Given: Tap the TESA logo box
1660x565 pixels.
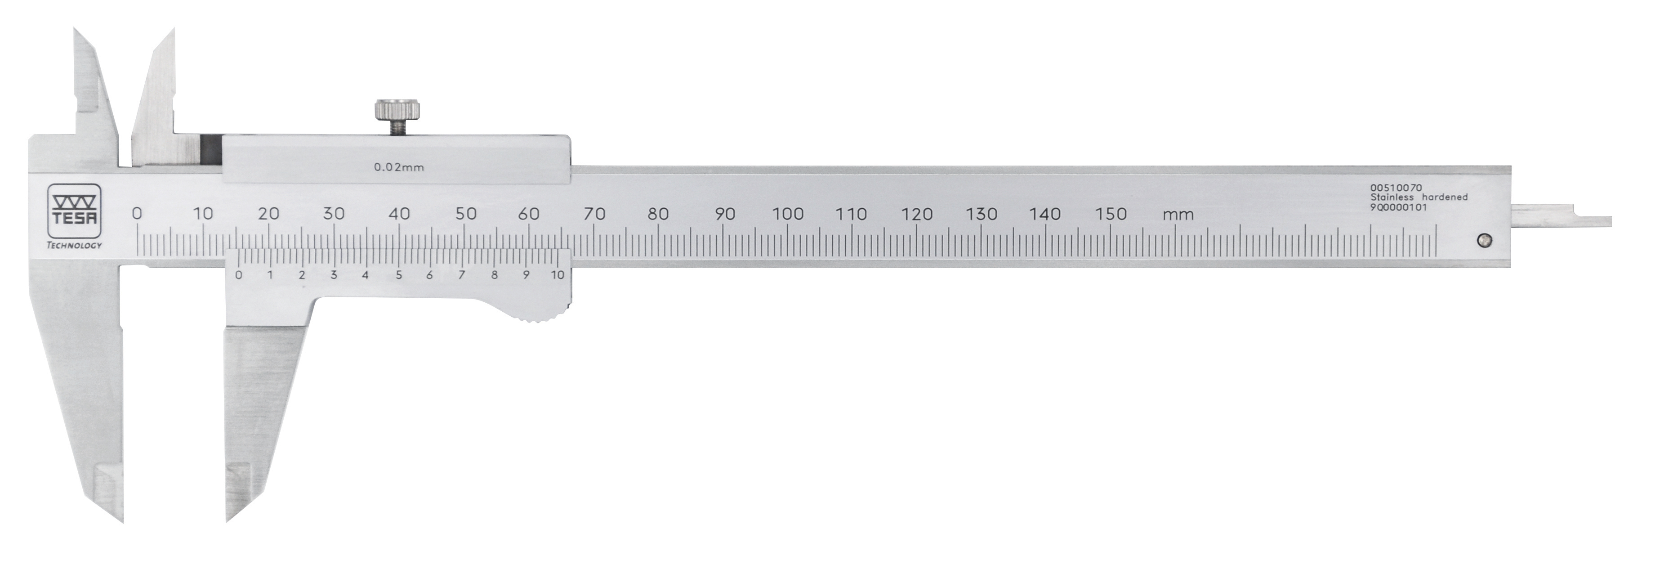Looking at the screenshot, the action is pos(74,211).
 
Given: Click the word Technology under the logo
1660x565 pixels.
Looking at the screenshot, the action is pos(74,245).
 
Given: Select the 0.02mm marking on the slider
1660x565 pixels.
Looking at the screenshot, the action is pos(399,167).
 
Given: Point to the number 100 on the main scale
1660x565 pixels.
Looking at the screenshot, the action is pos(787,214).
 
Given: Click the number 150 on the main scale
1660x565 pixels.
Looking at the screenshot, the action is pos(1111,214).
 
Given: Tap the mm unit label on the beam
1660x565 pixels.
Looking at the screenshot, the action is pos(1178,215).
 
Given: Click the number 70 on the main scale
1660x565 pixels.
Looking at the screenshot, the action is pos(594,214).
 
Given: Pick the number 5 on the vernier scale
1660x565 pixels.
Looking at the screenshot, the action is pos(399,275).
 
